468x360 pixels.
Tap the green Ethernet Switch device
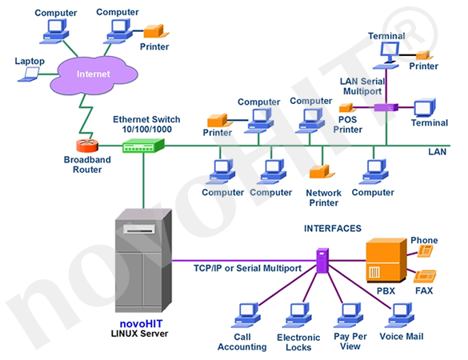coord(142,145)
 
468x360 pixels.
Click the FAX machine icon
coord(424,278)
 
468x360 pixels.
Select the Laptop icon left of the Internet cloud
coord(31,74)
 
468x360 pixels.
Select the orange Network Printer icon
coord(322,174)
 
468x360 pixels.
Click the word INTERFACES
coord(332,228)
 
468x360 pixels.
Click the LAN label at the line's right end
coord(438,151)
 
